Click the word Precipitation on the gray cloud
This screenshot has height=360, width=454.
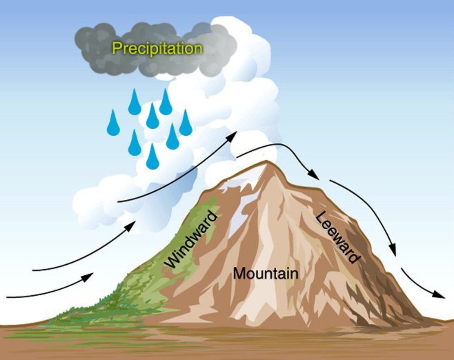point(157,49)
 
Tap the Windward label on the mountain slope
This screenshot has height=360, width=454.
point(192,241)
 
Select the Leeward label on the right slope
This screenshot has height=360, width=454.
point(337,237)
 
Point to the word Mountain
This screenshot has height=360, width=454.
point(266,273)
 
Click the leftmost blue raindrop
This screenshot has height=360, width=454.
point(113,124)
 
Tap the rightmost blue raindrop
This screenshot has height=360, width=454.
point(185,124)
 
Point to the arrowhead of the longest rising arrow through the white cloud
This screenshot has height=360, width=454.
point(232,137)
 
